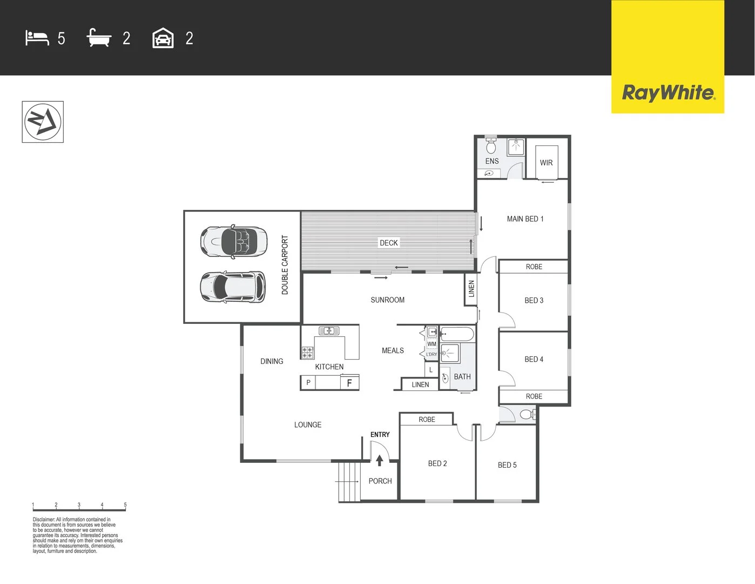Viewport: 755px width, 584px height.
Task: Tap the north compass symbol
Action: (x=43, y=122)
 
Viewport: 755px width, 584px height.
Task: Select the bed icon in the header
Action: (x=37, y=38)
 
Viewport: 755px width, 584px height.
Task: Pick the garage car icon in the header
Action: (x=163, y=38)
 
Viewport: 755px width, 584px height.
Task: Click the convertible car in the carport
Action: (x=234, y=242)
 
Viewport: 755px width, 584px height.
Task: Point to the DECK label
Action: (x=389, y=243)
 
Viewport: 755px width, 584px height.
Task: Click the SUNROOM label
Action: (x=387, y=300)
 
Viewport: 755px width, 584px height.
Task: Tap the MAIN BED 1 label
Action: (x=525, y=219)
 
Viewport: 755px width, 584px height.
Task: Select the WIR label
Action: (x=546, y=162)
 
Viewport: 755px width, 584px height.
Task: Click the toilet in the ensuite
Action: (x=490, y=145)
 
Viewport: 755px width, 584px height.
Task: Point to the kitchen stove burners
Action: (x=307, y=353)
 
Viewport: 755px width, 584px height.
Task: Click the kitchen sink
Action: (x=329, y=330)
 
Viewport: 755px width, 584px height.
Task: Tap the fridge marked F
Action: (x=349, y=383)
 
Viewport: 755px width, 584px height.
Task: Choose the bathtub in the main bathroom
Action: (x=456, y=334)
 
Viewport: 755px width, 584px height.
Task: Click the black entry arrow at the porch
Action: (x=380, y=461)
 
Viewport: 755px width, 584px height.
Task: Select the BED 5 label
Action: (x=507, y=465)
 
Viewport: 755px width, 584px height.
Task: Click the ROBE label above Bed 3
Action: (x=534, y=267)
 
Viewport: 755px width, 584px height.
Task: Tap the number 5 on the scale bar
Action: (x=125, y=505)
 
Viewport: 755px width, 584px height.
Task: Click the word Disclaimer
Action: (x=44, y=519)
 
